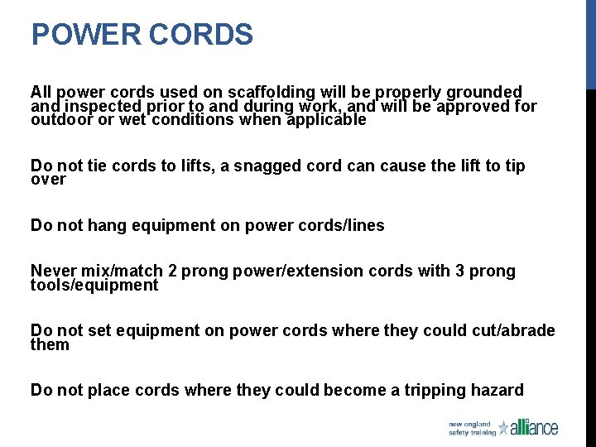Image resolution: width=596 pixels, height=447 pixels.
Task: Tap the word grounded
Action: pos(485,92)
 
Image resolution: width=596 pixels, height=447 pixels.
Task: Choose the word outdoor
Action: pos(62,119)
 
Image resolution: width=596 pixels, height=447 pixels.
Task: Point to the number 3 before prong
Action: pos(460,271)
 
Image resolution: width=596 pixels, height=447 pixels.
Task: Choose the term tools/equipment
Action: pos(94,285)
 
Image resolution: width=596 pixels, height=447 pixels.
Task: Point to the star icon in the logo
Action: pos(503,427)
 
